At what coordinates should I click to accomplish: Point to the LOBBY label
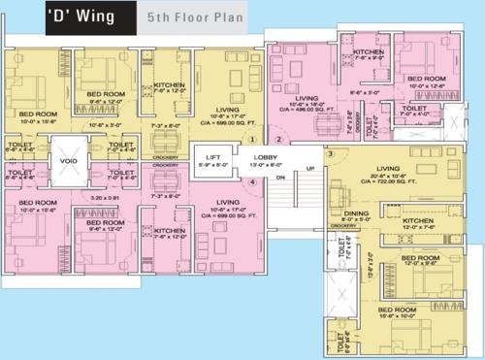click(x=267, y=153)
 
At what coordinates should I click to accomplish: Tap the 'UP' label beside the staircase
click(x=310, y=169)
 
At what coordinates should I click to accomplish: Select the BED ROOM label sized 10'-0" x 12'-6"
click(x=426, y=79)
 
